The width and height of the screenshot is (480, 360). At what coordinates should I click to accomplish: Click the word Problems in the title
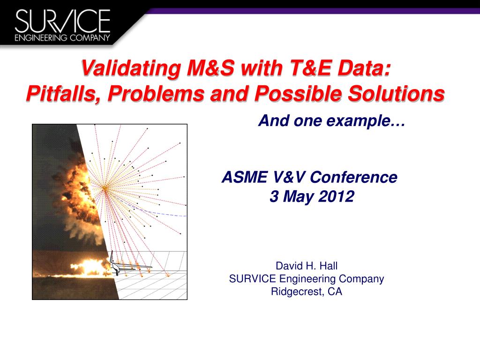coord(156,93)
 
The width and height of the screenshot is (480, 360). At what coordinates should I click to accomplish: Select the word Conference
coord(353,177)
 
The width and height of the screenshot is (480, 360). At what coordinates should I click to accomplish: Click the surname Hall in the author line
coord(328,266)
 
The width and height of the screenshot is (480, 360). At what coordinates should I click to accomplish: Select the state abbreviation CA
coord(335,292)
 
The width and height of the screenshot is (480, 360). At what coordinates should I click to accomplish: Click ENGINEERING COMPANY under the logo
coord(62,37)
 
